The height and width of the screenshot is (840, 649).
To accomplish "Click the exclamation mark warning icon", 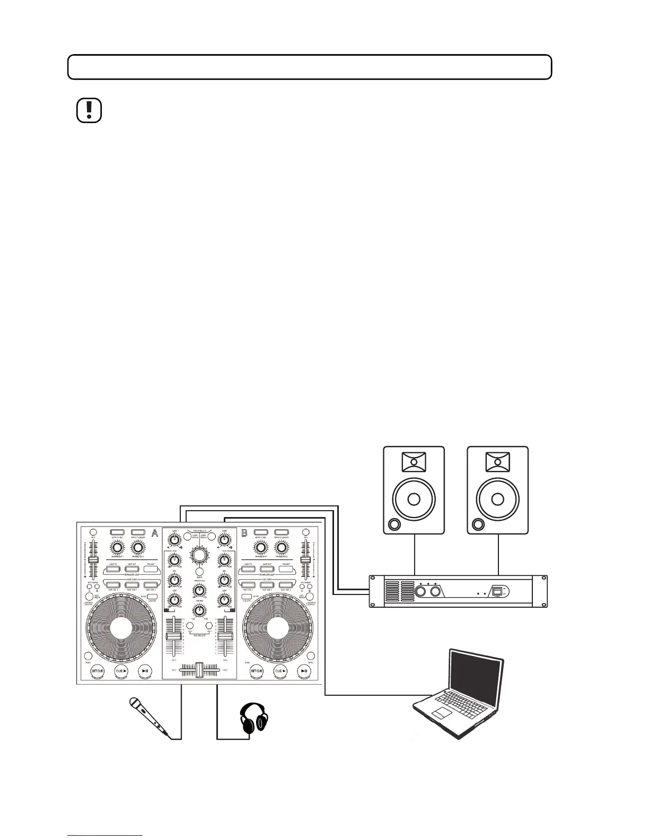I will (x=89, y=110).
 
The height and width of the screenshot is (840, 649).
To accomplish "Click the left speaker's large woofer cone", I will (x=414, y=500).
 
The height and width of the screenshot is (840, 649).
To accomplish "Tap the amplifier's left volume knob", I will (x=421, y=591).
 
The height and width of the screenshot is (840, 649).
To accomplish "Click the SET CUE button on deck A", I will (x=98, y=671).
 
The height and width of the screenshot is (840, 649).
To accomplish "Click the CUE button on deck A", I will (x=122, y=671).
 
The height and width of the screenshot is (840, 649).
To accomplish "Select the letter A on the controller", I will (x=155, y=533).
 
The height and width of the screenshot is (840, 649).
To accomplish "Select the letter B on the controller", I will (x=245, y=533).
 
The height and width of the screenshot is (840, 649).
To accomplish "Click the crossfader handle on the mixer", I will (x=199, y=670).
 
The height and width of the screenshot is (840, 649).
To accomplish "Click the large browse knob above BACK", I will (x=199, y=556).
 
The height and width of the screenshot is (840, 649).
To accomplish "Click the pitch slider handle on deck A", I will (x=93, y=561).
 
